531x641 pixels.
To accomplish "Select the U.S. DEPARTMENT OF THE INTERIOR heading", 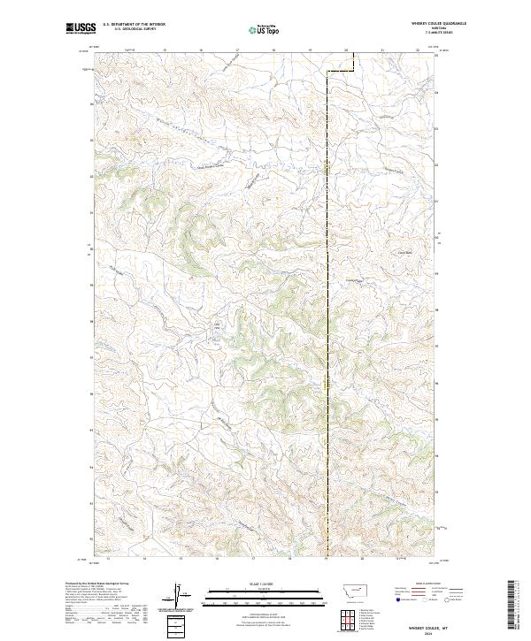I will coord(134,25).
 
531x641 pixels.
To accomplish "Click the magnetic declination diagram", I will coord(175,594).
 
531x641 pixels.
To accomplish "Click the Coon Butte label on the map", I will coord(381,251).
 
